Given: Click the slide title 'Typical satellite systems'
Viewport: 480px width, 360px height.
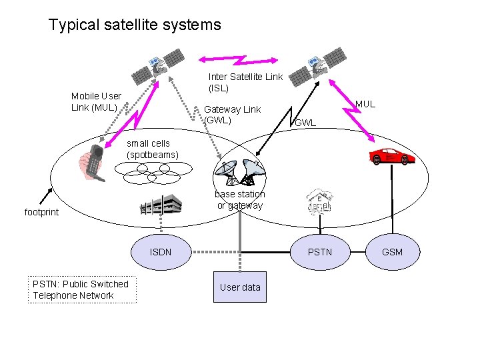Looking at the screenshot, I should point(134,25).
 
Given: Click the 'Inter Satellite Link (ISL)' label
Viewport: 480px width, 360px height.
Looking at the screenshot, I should point(245,82).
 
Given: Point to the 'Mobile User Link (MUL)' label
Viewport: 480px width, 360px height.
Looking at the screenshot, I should point(96,101).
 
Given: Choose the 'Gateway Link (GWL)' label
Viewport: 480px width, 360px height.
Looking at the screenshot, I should point(232,115).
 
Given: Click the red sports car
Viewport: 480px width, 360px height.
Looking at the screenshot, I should point(393,157).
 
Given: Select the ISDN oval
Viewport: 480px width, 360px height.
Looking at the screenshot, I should point(161,252).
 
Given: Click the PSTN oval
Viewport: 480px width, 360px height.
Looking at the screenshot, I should point(319,252).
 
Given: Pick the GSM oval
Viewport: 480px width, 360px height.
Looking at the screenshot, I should point(392,252).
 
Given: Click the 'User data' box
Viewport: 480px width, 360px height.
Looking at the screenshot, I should point(239,287).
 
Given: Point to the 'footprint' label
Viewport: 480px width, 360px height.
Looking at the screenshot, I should point(41,212).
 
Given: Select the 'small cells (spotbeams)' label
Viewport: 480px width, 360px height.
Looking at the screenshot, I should point(153,149).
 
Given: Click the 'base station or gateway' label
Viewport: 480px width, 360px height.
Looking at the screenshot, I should point(239,199).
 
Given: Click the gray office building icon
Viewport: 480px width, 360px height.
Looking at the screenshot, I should point(161,205).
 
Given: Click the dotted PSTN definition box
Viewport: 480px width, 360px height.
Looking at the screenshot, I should point(82,290).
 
